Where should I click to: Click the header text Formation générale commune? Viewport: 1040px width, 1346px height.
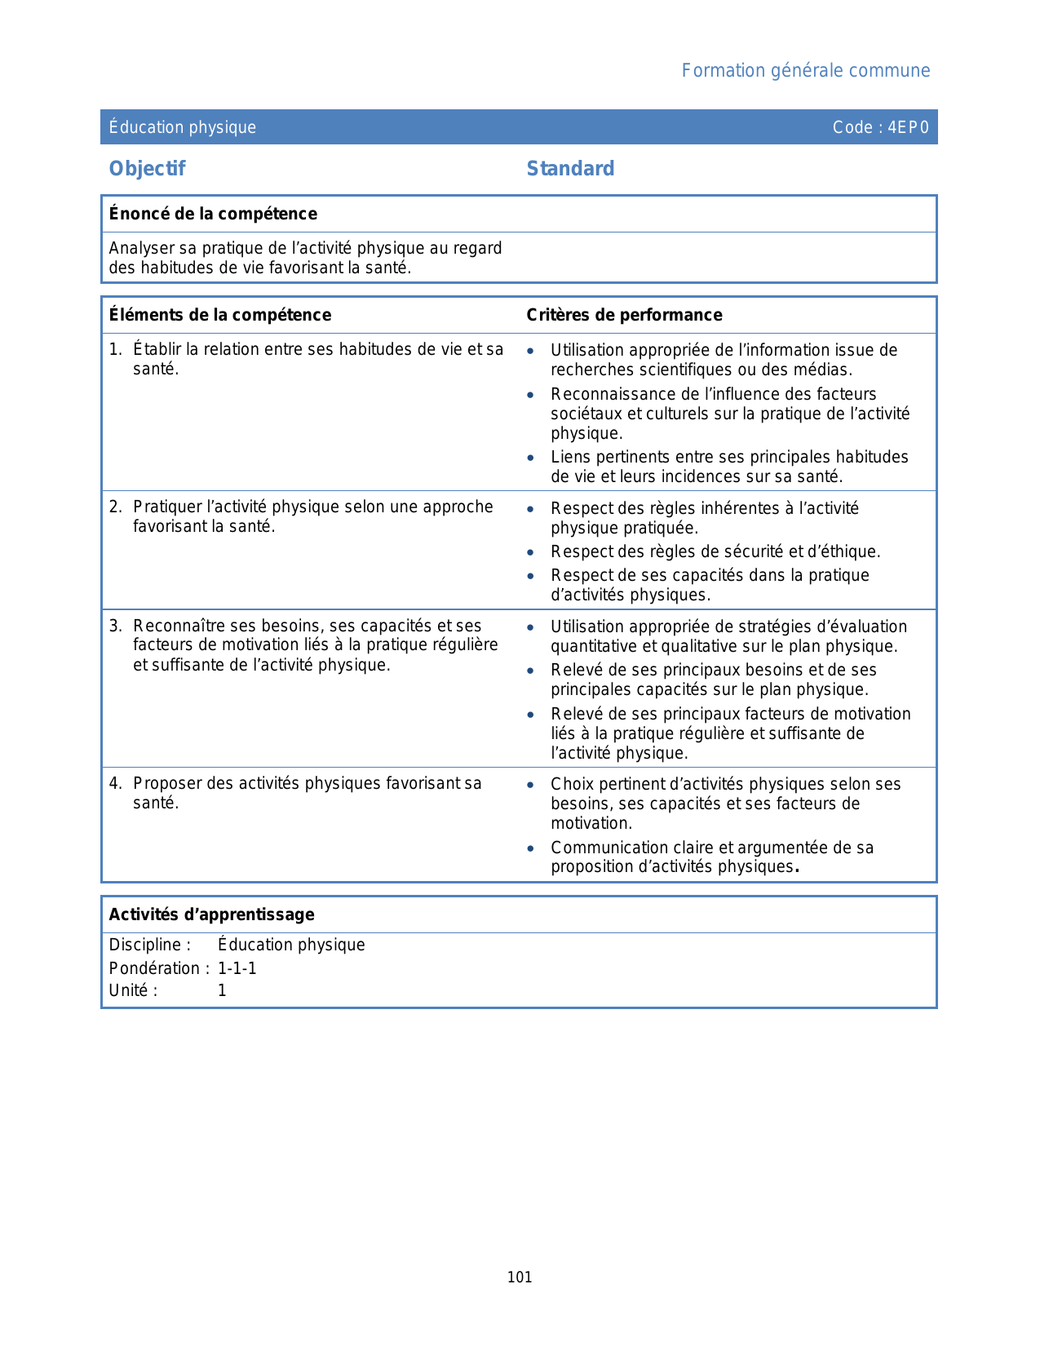click(x=805, y=71)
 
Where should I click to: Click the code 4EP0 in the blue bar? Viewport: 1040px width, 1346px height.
click(x=908, y=127)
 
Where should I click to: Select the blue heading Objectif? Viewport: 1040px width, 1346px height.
click(x=147, y=169)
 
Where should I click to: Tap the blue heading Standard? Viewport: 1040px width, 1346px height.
click(x=570, y=169)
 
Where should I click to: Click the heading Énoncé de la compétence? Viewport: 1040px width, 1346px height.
click(x=213, y=214)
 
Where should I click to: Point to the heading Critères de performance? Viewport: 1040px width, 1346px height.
click(x=624, y=315)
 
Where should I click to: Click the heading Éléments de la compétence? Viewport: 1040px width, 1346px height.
click(x=219, y=315)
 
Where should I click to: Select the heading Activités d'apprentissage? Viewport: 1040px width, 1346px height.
click(x=211, y=914)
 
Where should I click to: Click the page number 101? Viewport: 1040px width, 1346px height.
click(x=520, y=1277)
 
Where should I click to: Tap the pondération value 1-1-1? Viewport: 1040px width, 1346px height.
click(x=237, y=968)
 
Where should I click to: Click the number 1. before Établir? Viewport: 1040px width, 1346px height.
click(x=115, y=350)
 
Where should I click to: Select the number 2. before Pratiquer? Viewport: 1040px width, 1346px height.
click(x=115, y=507)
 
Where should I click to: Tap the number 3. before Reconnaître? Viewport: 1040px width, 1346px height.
click(x=115, y=627)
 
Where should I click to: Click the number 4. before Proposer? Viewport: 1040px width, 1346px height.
click(x=115, y=784)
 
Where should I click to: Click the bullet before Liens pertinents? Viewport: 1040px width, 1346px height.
click(x=530, y=458)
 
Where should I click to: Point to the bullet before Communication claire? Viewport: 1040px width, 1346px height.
click(x=530, y=849)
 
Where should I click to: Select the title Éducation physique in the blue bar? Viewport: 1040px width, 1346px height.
click(x=183, y=127)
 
